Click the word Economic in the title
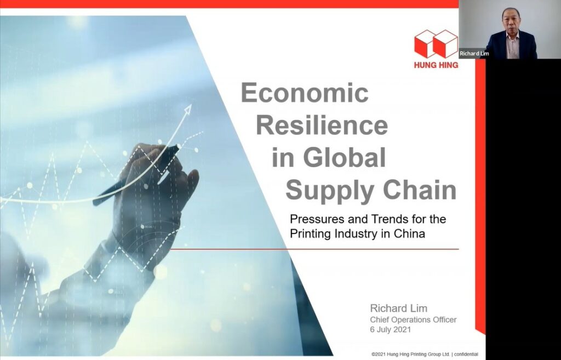(x=305, y=93)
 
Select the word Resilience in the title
(x=322, y=125)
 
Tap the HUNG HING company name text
(x=436, y=65)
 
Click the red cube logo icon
(x=436, y=44)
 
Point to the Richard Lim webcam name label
(x=474, y=54)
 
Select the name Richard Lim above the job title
(x=399, y=308)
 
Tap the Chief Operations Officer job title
(x=413, y=319)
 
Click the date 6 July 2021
(x=390, y=329)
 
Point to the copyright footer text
(x=425, y=355)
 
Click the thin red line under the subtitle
(x=315, y=249)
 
